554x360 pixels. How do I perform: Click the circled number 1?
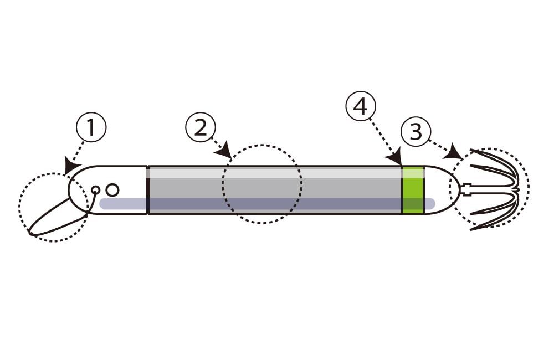91,128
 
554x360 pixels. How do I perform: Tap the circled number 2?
200,128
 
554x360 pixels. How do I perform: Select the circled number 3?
416,132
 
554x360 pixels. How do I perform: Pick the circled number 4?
360,106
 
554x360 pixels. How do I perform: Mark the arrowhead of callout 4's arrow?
397,160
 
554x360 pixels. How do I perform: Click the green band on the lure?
413,189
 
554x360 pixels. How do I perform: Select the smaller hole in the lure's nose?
95,190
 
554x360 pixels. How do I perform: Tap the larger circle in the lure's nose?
112,190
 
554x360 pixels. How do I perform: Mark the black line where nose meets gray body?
148,190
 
